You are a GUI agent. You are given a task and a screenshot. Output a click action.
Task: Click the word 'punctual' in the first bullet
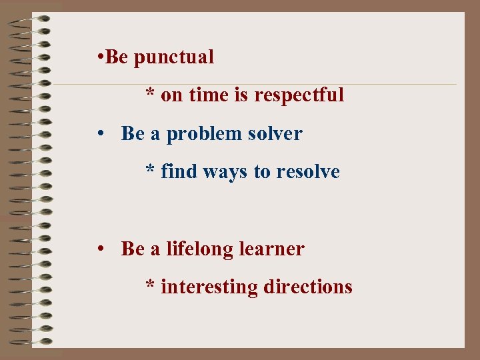click(x=174, y=58)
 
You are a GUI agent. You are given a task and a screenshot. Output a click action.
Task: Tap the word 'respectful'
click(x=299, y=96)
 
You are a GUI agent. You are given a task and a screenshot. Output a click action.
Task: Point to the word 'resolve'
click(x=307, y=172)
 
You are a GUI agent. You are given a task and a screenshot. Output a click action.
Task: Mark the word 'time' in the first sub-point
click(x=209, y=96)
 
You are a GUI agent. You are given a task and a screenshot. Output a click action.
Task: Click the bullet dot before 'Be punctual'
click(x=99, y=57)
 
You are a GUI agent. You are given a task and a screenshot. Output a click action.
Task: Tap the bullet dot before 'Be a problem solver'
click(x=99, y=133)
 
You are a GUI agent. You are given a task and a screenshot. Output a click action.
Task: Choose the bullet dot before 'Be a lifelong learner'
click(x=99, y=249)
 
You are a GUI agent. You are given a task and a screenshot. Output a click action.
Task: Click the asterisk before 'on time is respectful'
click(x=151, y=94)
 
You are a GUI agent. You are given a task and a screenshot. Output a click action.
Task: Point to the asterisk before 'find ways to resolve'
click(x=151, y=170)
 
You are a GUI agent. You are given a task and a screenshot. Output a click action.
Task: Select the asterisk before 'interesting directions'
click(x=151, y=285)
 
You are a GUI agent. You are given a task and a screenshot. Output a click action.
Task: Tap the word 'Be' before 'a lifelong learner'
click(x=133, y=249)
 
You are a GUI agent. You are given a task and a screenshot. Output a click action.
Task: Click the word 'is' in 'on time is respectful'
click(x=241, y=96)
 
